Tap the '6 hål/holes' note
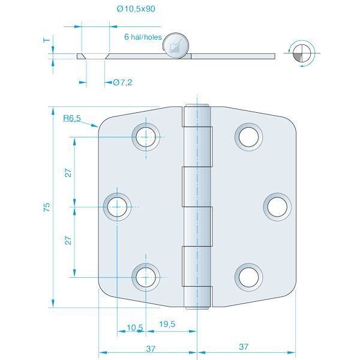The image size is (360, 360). pyautogui.click(x=143, y=37)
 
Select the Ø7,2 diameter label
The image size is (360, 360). pyautogui.click(x=122, y=82)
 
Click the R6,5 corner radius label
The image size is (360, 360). pyautogui.click(x=72, y=119)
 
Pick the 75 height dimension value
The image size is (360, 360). pyautogui.click(x=47, y=208)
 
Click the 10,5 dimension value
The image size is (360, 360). pyautogui.click(x=135, y=327)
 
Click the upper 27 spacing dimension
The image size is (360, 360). pyautogui.click(x=68, y=172)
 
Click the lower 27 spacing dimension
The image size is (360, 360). pyautogui.click(x=68, y=240)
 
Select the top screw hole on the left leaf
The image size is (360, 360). pyautogui.click(x=145, y=137)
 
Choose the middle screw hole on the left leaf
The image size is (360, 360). pyautogui.click(x=118, y=207)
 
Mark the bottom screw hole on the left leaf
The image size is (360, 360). pyautogui.click(x=145, y=277)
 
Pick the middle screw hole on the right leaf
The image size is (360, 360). pyautogui.click(x=277, y=206)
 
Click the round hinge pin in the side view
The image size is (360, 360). pyautogui.click(x=176, y=46)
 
